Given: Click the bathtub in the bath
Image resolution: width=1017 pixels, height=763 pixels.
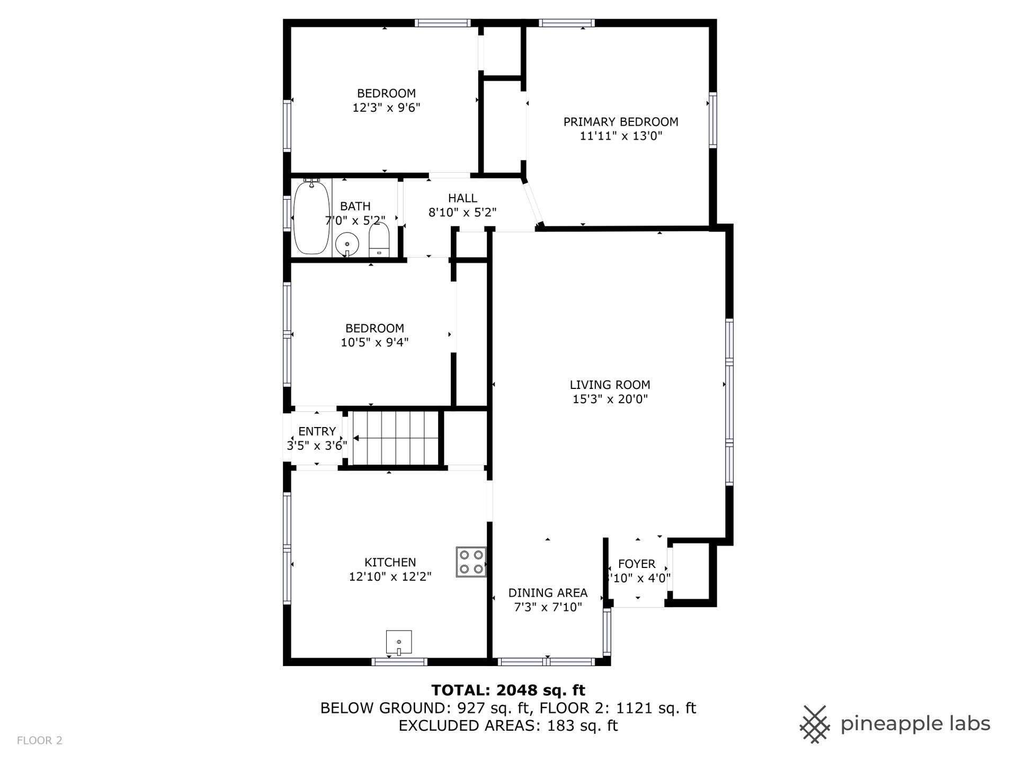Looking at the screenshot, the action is tap(312, 217).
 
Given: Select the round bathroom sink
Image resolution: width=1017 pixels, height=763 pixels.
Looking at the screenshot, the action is tap(347, 245).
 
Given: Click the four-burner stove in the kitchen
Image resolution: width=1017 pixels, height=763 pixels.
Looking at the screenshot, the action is tap(471, 562).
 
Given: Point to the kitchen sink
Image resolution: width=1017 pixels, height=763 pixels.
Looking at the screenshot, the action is tap(399, 642).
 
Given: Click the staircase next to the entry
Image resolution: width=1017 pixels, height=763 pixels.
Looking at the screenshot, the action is tap(396, 438).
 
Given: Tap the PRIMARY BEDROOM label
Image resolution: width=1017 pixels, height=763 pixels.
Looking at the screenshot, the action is tap(621, 122).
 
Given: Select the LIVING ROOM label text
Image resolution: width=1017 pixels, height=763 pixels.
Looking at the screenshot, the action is tap(610, 385).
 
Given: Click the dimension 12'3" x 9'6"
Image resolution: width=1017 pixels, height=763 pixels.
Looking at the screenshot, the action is tap(386, 108).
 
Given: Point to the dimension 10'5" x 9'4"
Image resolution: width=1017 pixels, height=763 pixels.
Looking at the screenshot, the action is tap(374, 342).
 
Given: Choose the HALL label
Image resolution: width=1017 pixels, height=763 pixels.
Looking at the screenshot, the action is tap(462, 198).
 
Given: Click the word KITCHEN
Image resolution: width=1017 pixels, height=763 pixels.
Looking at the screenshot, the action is tap(390, 562).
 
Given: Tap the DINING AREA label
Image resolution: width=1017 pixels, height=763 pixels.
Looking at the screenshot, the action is tap(548, 593).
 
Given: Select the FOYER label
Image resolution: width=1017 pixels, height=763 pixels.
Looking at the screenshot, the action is tap(637, 564).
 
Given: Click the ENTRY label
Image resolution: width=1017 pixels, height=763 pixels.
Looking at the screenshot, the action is tap(317, 431).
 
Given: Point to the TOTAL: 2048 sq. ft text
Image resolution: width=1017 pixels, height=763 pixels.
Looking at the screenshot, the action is tap(508, 690).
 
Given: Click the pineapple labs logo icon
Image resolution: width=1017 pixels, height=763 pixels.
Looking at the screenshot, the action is tap(816, 724).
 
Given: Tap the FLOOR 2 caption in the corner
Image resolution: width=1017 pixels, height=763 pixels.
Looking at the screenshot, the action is tap(40, 741).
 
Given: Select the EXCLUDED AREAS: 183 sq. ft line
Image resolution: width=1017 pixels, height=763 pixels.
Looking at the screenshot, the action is tap(508, 725).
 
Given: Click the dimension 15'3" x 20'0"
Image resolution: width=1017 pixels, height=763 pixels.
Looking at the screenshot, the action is tap(610, 399).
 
